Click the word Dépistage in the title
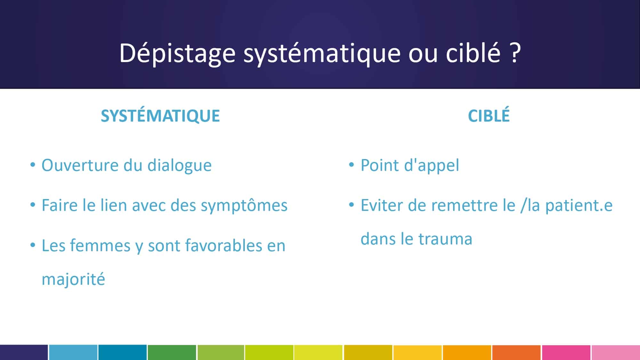tap(178, 53)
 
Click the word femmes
tap(100, 245)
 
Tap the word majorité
tap(73, 279)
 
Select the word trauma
tap(445, 239)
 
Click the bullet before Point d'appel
tap(351, 165)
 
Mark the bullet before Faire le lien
tap(33, 205)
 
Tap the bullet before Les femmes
tap(33, 245)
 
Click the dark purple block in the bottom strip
tap(24, 352)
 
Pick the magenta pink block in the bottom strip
tap(566, 352)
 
